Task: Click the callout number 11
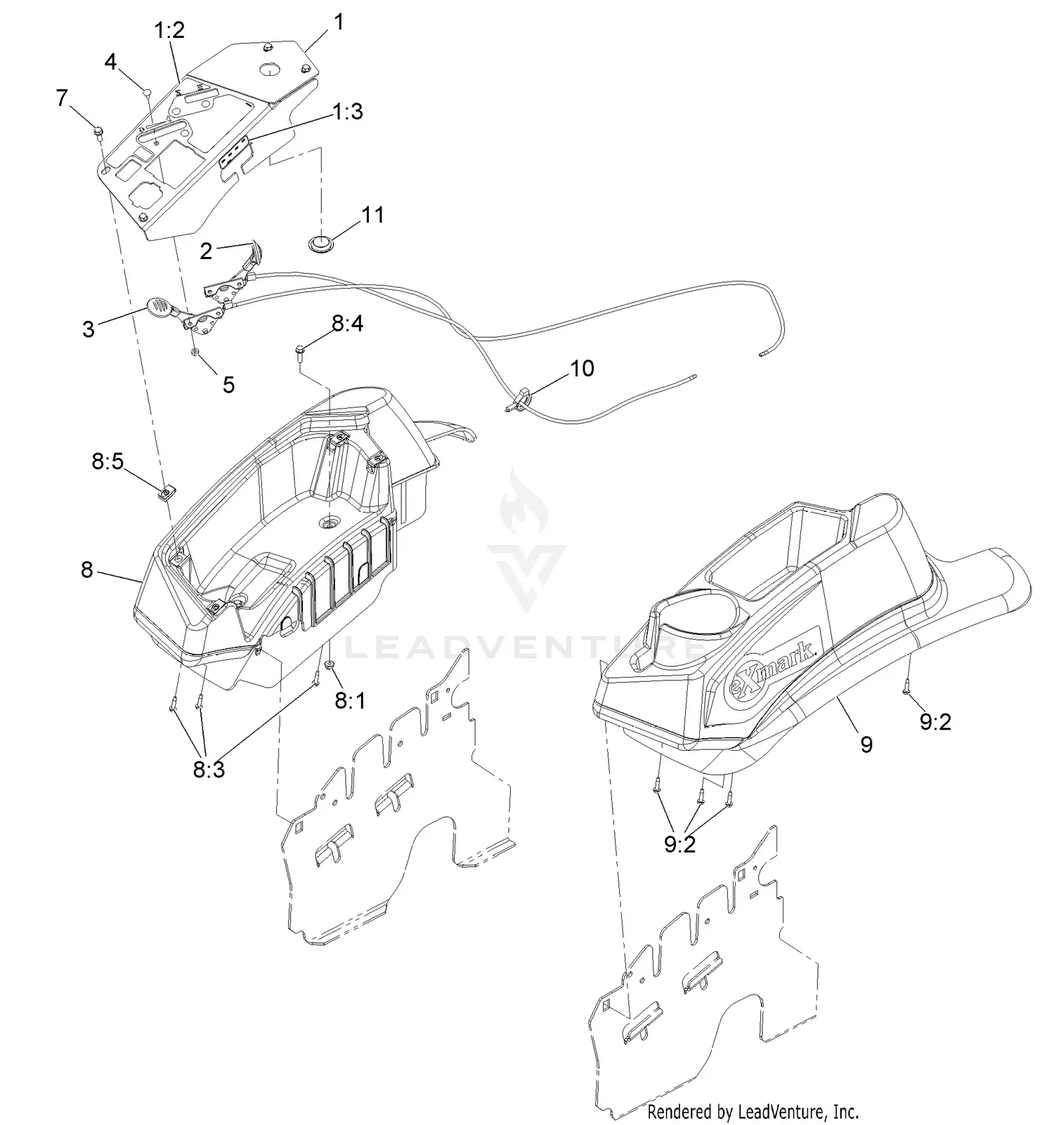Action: click(x=372, y=214)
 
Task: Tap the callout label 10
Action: click(x=582, y=368)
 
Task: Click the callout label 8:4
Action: click(x=348, y=324)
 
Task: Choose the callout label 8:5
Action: click(x=108, y=461)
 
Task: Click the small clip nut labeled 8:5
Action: click(x=166, y=492)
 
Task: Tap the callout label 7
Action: click(x=63, y=98)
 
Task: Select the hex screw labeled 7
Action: click(x=98, y=131)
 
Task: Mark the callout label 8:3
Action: click(x=209, y=770)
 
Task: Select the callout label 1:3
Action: click(x=348, y=112)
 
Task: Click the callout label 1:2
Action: click(x=169, y=31)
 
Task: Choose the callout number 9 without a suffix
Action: click(x=866, y=744)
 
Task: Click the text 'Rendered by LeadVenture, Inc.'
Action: click(x=753, y=1112)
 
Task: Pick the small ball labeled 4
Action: click(x=147, y=91)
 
